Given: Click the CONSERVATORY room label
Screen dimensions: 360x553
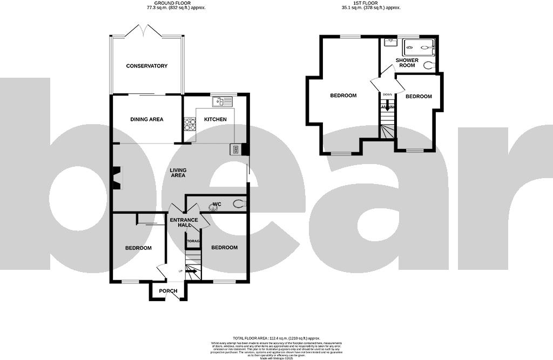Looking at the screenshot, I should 147,66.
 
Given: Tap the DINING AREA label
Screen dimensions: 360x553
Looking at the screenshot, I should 147,119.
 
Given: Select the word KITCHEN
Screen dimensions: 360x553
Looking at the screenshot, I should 215,119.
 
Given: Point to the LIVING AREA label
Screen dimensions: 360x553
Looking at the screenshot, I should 178,173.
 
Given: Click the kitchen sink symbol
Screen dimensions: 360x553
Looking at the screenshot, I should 222,101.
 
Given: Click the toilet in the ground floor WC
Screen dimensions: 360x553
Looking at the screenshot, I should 238,204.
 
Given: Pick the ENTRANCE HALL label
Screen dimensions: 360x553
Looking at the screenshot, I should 184,222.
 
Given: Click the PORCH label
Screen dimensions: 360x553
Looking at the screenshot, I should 168,291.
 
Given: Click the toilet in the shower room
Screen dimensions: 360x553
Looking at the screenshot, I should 429,65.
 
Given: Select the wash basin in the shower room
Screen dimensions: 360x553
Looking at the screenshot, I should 389,42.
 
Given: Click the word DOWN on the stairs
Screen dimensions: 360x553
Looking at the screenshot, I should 387,95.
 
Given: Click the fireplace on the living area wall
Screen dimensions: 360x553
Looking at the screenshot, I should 116,178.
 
